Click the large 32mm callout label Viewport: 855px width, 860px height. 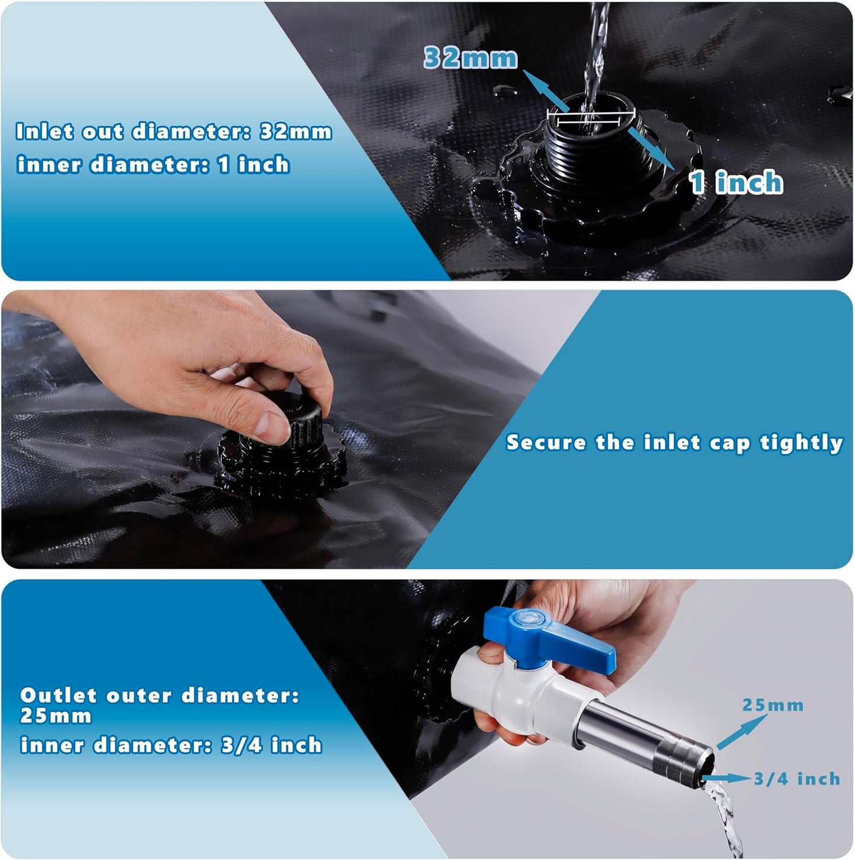(470, 58)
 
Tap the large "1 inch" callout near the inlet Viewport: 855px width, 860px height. (736, 182)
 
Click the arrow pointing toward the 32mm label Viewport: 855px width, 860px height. (544, 91)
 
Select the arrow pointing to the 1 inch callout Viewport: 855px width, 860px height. (651, 148)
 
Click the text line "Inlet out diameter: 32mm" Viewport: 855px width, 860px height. (173, 131)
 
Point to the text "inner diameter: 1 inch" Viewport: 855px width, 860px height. (153, 164)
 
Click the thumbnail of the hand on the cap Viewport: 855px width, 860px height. (260, 379)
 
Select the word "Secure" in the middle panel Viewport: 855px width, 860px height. (546, 442)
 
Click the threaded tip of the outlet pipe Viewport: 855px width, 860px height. (698, 760)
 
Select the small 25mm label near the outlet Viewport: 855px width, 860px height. (773, 705)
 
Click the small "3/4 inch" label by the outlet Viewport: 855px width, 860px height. (796, 779)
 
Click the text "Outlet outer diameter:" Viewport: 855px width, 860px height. (160, 696)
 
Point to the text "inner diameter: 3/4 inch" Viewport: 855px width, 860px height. (171, 745)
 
